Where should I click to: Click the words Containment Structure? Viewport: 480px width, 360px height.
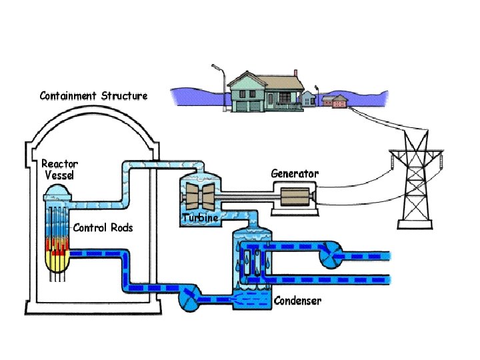coord(93,96)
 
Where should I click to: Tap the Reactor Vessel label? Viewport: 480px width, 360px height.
coord(59,169)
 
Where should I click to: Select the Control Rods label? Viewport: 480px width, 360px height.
coord(103,228)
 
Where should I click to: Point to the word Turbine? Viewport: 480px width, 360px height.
coord(200,218)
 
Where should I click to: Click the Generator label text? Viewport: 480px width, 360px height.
coord(295,173)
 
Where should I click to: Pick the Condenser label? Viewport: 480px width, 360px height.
coord(297,301)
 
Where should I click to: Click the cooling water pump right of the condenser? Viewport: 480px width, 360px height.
coord(331,255)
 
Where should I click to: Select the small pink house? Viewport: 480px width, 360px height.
coord(336,101)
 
